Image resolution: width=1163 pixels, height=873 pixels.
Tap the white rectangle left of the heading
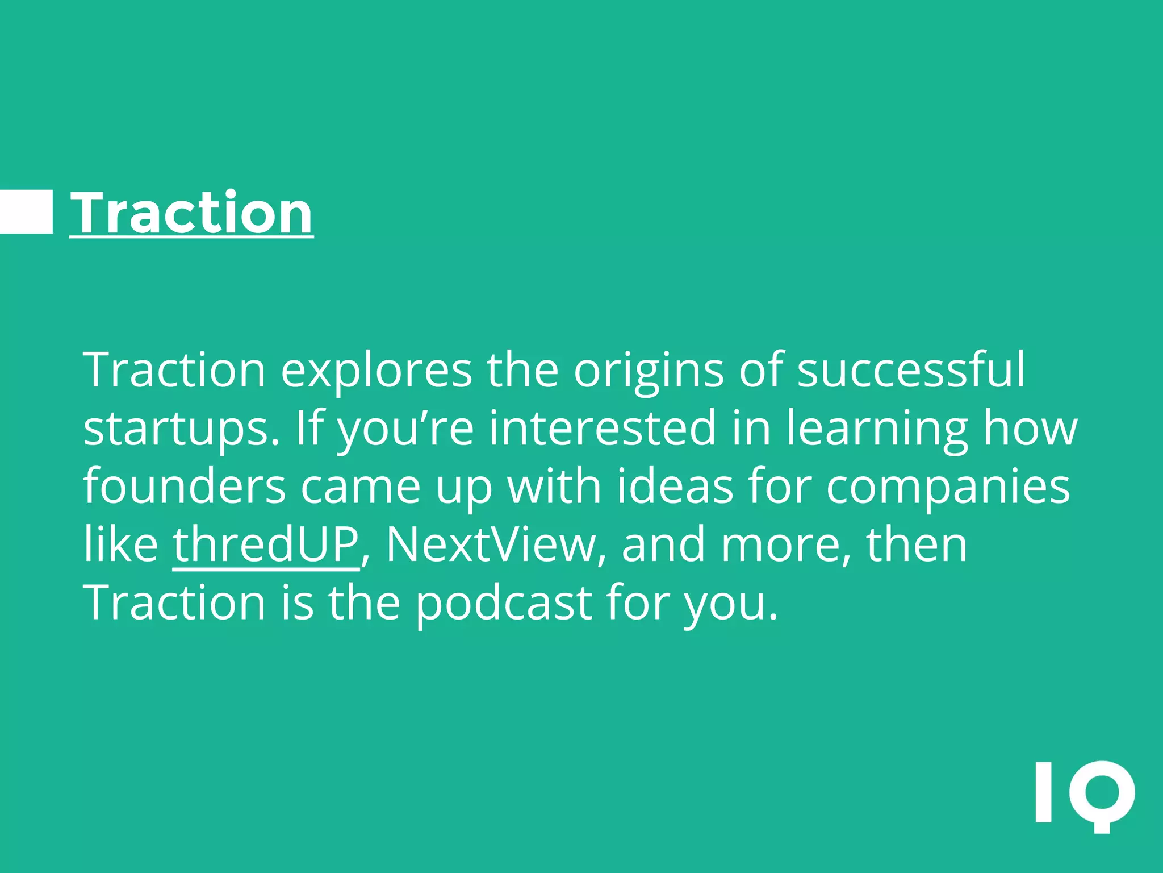tap(26, 212)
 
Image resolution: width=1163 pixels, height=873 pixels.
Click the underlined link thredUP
tap(266, 544)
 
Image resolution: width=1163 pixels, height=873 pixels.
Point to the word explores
tap(376, 370)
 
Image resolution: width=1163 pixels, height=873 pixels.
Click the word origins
tap(649, 370)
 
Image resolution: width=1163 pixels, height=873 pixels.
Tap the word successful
tap(911, 370)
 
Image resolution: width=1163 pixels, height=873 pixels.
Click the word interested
tap(602, 429)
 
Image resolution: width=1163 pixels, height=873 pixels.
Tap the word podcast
tap(504, 603)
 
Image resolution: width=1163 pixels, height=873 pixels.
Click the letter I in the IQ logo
tap(1043, 792)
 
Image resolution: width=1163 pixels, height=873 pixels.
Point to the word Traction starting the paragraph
tap(174, 370)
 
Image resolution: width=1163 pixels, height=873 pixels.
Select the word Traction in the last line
tap(174, 603)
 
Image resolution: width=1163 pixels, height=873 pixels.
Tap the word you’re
tap(405, 429)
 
